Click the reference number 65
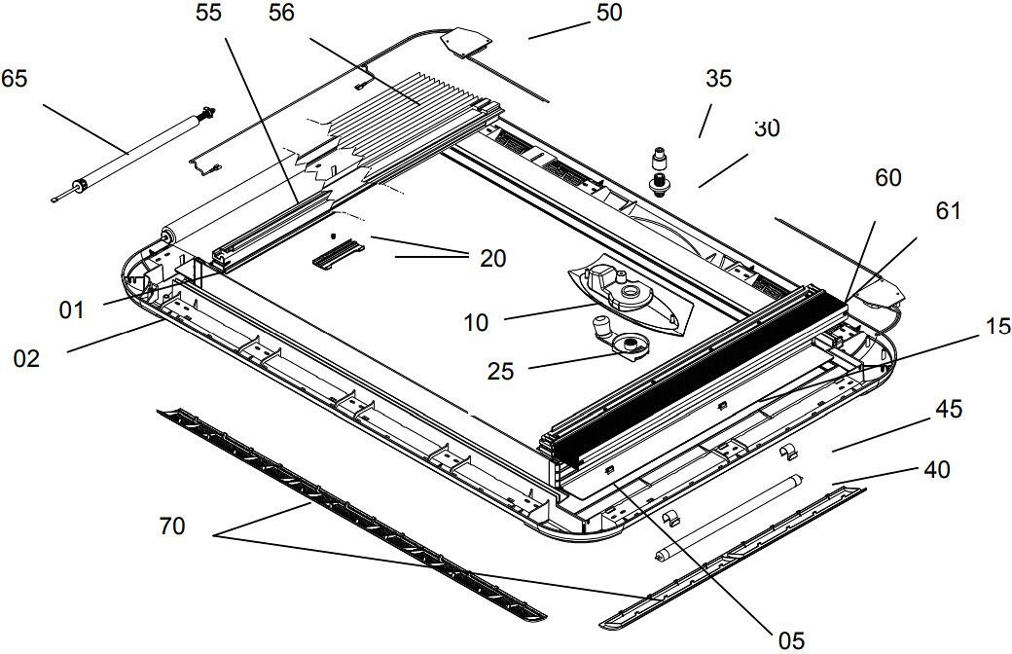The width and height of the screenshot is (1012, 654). (15, 78)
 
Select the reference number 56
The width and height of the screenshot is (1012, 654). (282, 13)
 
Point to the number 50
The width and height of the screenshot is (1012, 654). (608, 13)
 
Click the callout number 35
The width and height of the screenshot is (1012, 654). (718, 79)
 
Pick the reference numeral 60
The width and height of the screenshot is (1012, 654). (887, 177)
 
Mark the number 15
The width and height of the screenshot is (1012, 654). (997, 328)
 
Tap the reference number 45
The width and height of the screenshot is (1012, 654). (949, 409)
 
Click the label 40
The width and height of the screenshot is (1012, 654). (936, 470)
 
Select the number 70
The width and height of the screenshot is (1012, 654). (172, 528)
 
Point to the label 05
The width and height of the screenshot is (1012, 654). (791, 639)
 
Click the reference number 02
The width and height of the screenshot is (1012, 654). (26, 358)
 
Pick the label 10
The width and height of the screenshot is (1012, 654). (476, 322)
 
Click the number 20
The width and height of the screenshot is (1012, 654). (493, 258)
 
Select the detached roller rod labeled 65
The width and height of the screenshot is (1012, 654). (131, 152)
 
